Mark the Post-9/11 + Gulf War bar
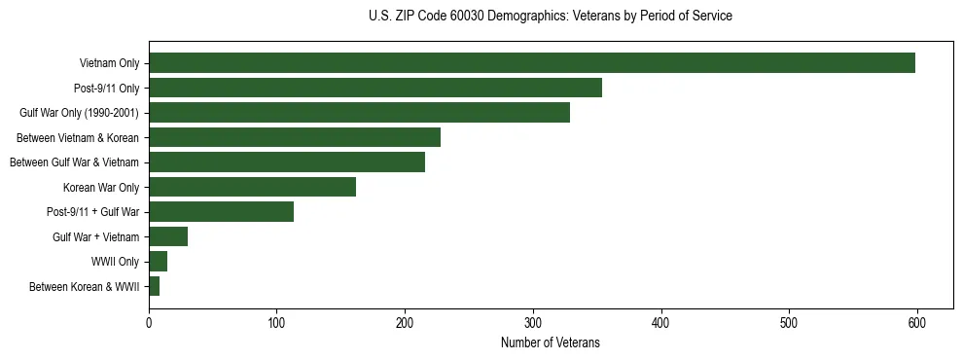tap(221, 212)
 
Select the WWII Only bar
tap(158, 262)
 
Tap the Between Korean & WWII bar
tap(154, 286)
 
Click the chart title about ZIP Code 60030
tap(551, 17)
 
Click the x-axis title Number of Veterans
tap(551, 342)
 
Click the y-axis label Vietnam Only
tap(109, 64)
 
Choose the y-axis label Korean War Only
tap(101, 188)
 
